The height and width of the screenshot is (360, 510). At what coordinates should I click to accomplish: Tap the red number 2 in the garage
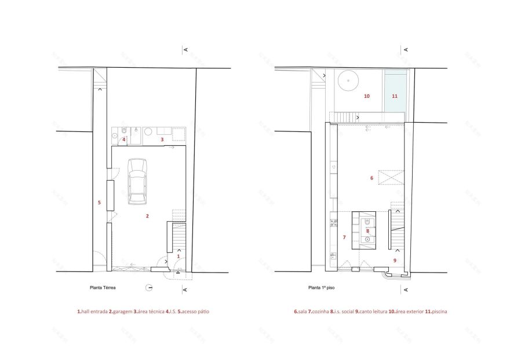[148, 216]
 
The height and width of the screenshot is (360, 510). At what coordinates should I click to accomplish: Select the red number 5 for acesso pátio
[99, 203]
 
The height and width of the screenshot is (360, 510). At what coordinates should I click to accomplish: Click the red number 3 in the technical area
[162, 139]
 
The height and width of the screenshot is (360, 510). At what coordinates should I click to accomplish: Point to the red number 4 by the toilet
[124, 139]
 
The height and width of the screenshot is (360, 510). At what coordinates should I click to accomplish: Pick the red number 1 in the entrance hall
[178, 256]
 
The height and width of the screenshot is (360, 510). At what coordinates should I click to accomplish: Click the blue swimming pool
[395, 90]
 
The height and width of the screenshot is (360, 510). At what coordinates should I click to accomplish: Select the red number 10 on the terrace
[366, 97]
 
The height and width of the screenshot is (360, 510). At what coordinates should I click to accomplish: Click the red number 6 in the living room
[371, 178]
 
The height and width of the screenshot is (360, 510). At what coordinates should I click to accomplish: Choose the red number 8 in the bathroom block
[367, 231]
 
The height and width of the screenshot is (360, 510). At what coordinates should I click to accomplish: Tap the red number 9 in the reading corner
[395, 260]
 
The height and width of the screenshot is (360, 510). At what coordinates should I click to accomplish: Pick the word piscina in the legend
[438, 312]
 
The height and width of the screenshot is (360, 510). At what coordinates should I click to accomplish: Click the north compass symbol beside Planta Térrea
[150, 287]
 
